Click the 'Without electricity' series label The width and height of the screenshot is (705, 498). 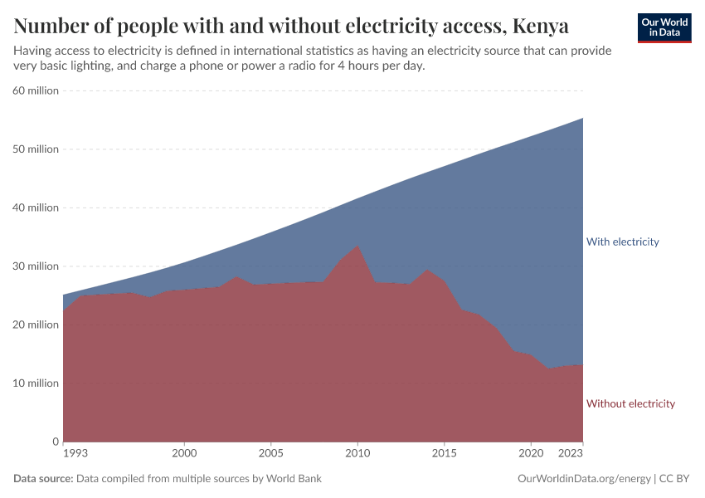tap(630, 403)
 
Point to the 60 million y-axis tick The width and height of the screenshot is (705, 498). tap(36, 90)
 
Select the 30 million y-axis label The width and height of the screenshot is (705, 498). tap(36, 266)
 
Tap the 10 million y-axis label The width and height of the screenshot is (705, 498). tap(36, 383)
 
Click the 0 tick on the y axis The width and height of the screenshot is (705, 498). tap(55, 442)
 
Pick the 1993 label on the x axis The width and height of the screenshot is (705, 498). tap(75, 455)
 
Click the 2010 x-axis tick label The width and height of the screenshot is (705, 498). tap(357, 455)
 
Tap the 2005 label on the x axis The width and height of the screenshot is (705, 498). tap(270, 455)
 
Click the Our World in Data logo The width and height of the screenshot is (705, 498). tap(664, 27)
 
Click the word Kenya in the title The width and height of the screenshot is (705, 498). tap(540, 26)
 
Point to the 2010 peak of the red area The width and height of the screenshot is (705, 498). tap(357, 246)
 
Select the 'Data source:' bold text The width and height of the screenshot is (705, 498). tap(43, 479)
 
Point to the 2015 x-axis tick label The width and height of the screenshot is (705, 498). tap(444, 455)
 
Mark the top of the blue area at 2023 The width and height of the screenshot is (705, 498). tap(583, 118)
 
